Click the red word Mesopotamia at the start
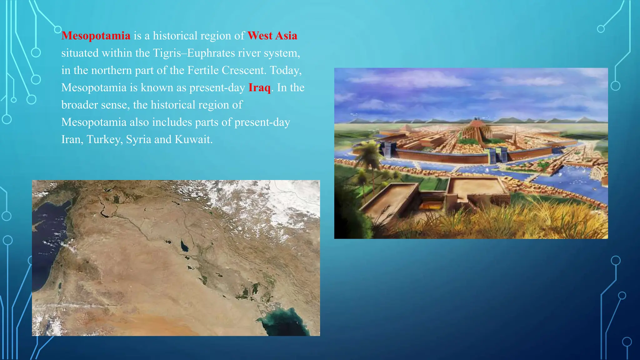click(96, 36)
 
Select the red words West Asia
click(272, 36)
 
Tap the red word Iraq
click(259, 87)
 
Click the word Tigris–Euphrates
click(194, 53)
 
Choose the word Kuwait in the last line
click(193, 139)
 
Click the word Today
click(285, 70)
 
